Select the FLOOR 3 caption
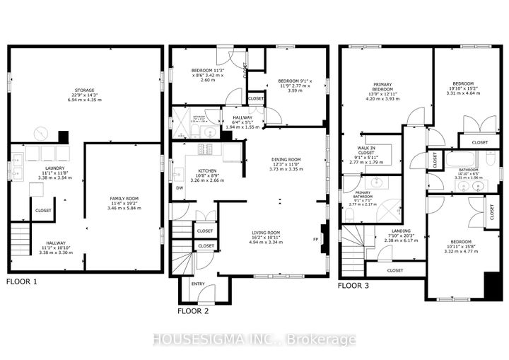(356, 286)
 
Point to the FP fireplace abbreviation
(315, 240)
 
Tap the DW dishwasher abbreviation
(180, 187)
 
